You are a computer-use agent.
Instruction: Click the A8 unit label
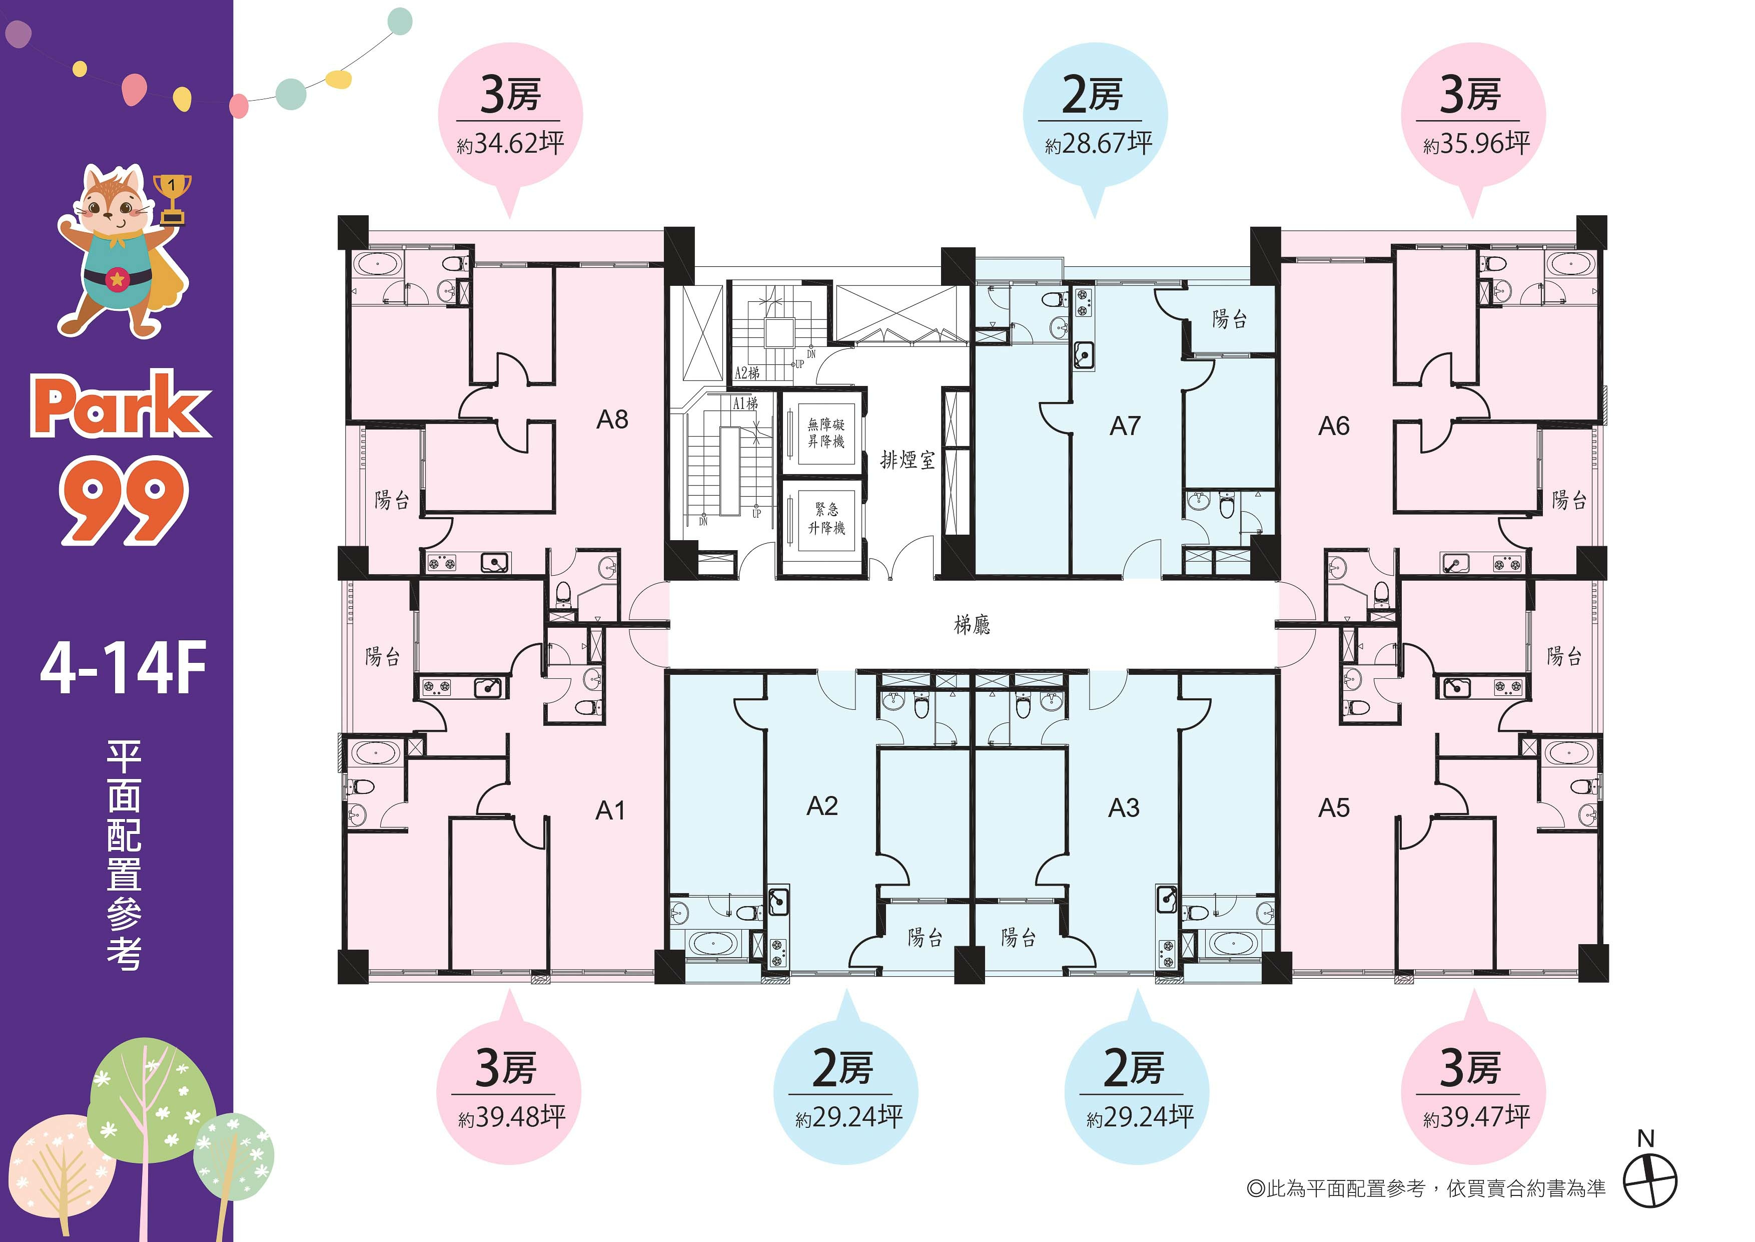(612, 419)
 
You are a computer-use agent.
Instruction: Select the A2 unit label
(822, 806)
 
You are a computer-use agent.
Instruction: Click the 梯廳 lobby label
(972, 626)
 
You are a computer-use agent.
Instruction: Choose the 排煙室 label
(908, 460)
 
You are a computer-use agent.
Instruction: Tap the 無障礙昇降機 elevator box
(826, 433)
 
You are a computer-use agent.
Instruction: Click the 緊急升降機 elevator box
(826, 518)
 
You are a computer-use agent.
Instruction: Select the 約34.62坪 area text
(511, 144)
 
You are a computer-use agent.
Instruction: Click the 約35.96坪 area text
(1477, 144)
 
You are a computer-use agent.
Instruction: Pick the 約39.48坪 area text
(511, 1117)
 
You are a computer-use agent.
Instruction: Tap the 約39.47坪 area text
(1477, 1117)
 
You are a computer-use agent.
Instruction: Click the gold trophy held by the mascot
(173, 199)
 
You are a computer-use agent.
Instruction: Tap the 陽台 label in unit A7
(1230, 320)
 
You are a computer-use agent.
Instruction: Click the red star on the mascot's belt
(117, 280)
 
